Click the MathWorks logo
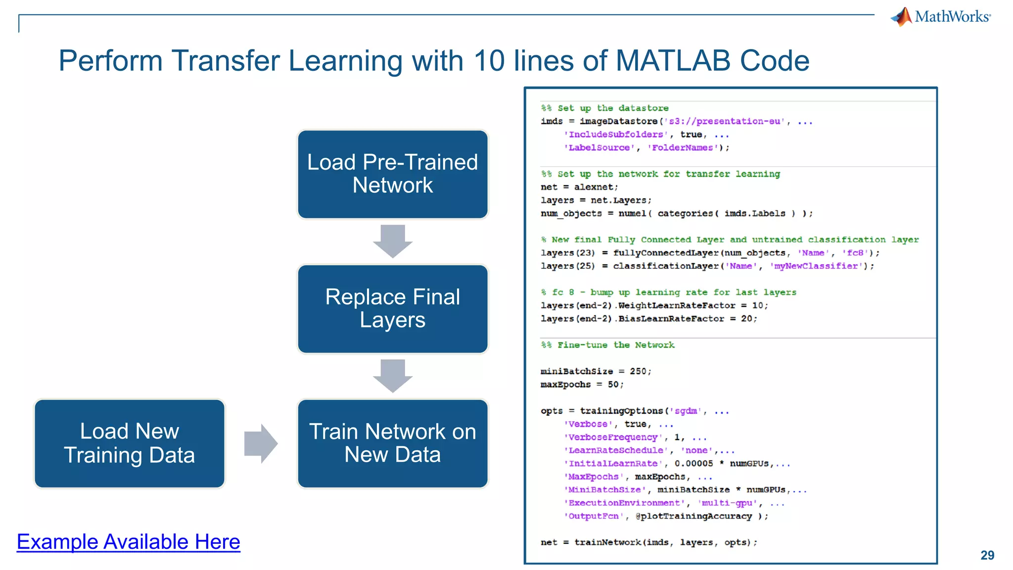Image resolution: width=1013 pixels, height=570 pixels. coord(941,17)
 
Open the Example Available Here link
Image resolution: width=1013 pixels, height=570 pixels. coord(129,542)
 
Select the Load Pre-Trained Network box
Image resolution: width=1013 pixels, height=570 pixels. coord(393,174)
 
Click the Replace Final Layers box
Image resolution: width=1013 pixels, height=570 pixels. coord(393,309)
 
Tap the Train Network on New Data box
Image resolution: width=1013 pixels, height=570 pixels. coord(393,443)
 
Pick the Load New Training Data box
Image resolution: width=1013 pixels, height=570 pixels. coord(130,443)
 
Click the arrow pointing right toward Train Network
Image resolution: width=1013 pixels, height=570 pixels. coord(261,443)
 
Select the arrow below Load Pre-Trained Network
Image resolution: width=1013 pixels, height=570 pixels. coord(393,241)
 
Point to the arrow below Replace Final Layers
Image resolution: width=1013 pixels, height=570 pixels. coord(393,376)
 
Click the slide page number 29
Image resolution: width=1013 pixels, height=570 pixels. coord(987,555)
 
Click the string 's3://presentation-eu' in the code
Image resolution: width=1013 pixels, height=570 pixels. coord(725,121)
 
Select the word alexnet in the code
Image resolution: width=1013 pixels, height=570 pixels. coord(595,187)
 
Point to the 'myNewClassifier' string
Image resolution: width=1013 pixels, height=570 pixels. coord(816,266)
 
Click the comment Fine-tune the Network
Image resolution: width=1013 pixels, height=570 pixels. coord(615,345)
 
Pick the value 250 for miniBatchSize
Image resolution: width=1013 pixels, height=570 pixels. coord(638,371)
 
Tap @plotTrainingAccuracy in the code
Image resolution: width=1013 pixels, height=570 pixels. coord(693,516)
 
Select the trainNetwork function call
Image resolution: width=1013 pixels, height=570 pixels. coord(607,542)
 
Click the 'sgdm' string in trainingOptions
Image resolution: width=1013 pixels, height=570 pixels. coord(686,411)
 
